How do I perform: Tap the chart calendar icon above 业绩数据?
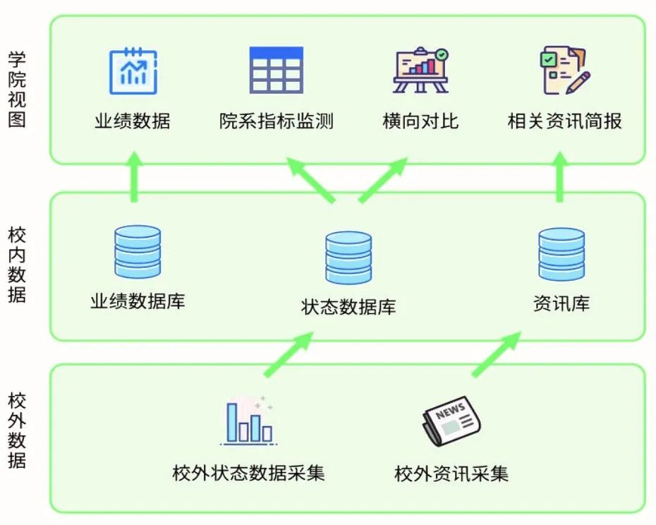pos(133,71)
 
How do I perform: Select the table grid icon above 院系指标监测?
pos(276,71)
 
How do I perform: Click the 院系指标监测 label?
pos(276,121)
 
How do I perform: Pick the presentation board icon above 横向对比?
pos(420,70)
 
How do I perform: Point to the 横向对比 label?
pos(420,121)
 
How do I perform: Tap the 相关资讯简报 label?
pos(564,121)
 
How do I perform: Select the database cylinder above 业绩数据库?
pos(138,252)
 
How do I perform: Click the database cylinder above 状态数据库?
pos(348,258)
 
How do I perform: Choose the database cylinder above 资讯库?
pos(561,254)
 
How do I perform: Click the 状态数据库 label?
pos(348,307)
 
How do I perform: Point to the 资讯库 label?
pos(561,304)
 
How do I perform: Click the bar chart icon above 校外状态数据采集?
pos(248,421)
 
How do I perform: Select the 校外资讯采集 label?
pos(451,473)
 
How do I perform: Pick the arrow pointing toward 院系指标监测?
pos(310,181)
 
